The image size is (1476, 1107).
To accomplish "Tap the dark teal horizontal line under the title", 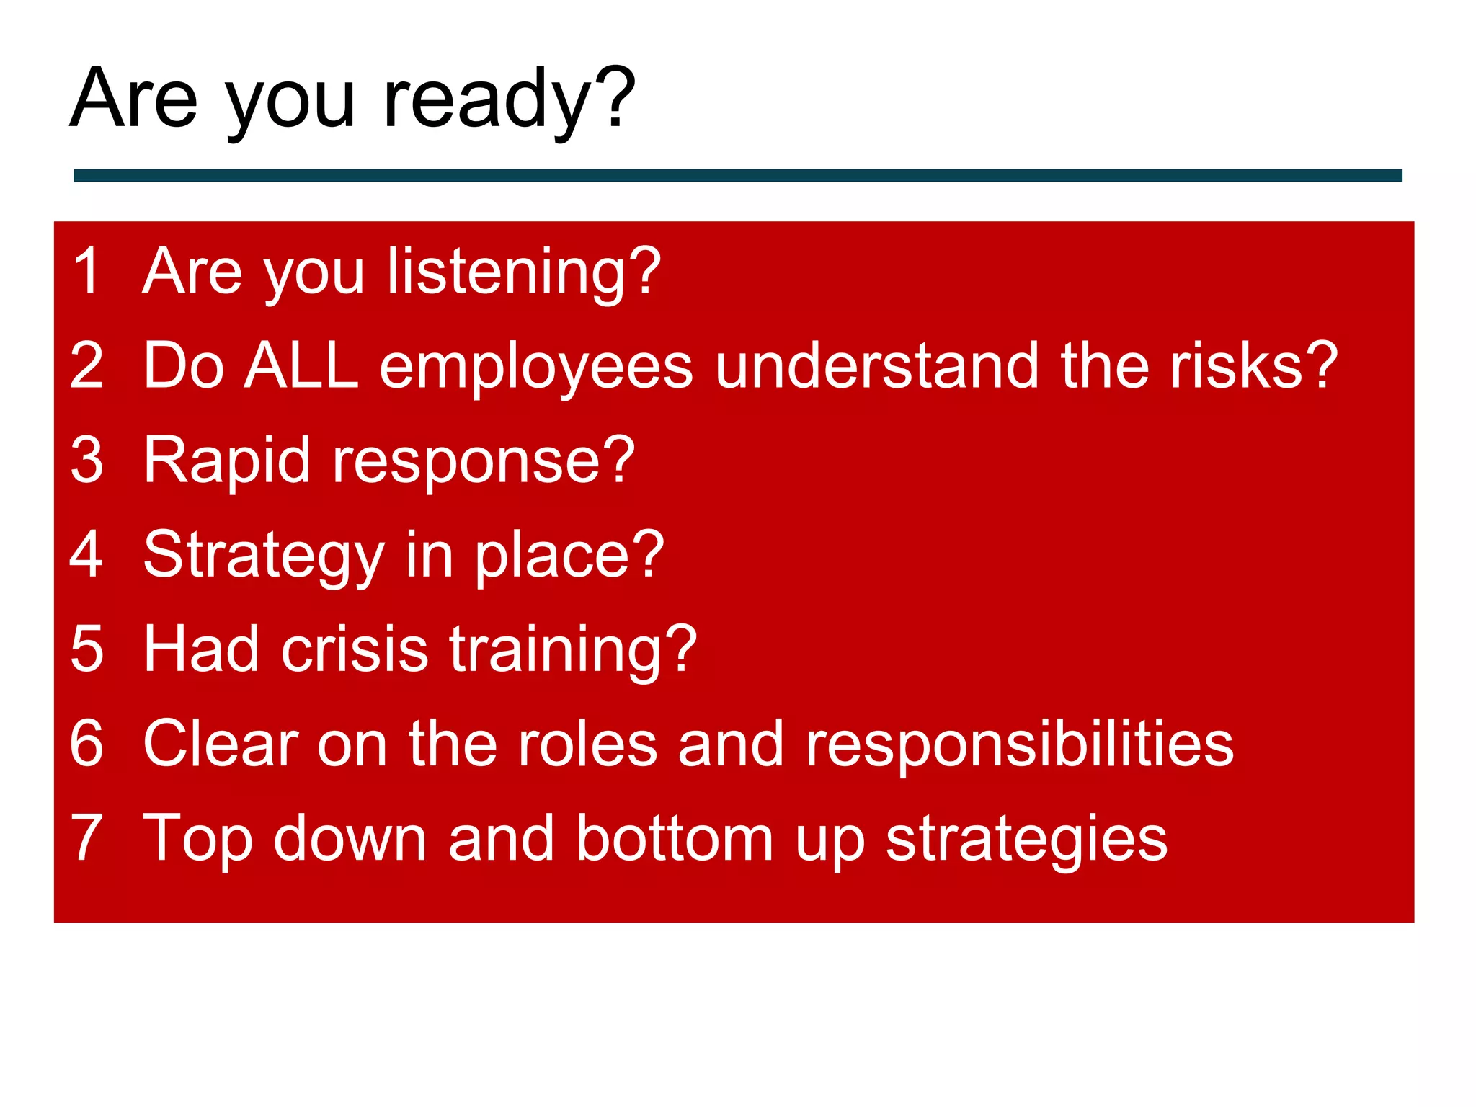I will click(x=737, y=175).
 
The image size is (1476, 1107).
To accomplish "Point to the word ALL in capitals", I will click(x=301, y=365).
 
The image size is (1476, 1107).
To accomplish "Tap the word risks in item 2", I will click(x=1237, y=365).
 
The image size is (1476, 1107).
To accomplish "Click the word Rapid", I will click(x=227, y=461).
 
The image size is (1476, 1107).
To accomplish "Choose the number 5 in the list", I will click(x=87, y=649).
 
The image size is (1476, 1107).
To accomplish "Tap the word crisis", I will click(x=355, y=649).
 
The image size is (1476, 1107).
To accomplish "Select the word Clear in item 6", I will click(x=221, y=743).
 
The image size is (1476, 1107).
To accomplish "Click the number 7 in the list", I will click(x=87, y=837).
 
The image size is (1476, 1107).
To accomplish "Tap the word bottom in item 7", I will click(x=675, y=837).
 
